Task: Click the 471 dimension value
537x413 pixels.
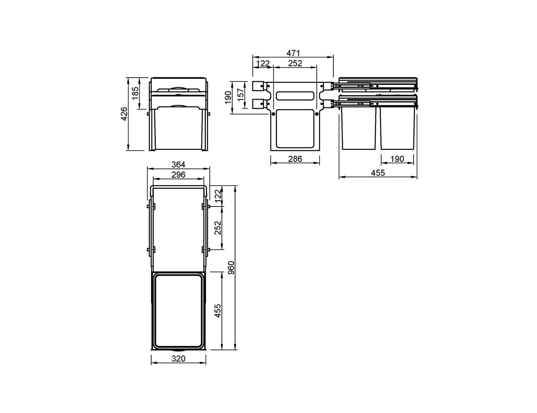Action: coord(293,53)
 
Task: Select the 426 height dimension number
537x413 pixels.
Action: coord(124,114)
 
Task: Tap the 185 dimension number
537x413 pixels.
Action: coord(135,93)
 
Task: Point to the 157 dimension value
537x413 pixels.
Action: coord(240,95)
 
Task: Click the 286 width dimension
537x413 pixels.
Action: coord(295,159)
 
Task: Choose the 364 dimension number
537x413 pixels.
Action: coord(178,164)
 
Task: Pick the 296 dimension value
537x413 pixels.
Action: coord(178,175)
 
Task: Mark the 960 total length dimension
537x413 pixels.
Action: coord(231,268)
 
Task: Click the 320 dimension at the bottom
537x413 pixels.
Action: coord(178,358)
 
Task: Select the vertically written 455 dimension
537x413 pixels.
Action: coord(218,311)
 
